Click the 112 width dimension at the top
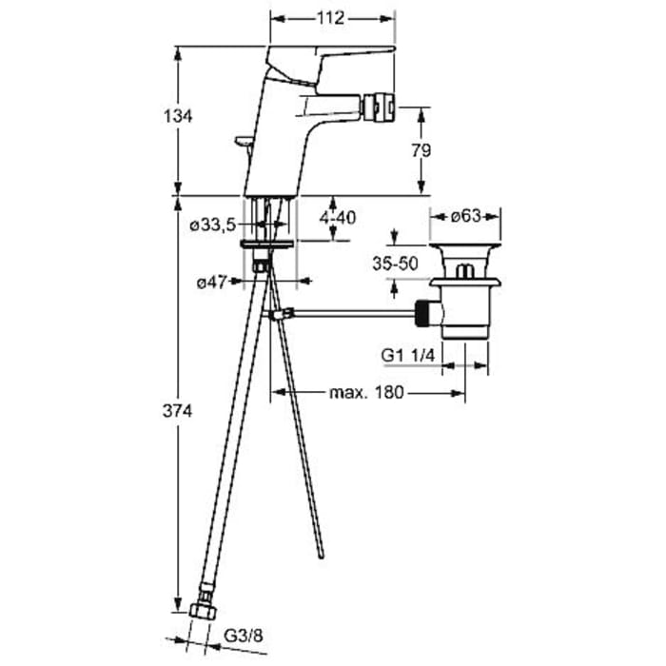(x=330, y=18)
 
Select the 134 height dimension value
(x=178, y=115)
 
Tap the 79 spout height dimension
(x=421, y=150)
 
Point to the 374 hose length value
(x=178, y=411)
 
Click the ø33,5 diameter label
(x=212, y=225)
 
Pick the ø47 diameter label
(x=211, y=282)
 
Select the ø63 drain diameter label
(x=465, y=216)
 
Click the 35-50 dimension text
(x=395, y=264)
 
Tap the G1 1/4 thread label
(x=408, y=355)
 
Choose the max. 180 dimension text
(x=366, y=392)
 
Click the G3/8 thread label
(x=244, y=636)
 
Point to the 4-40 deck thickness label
(x=338, y=218)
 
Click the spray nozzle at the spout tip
(x=378, y=107)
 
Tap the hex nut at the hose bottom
(x=203, y=611)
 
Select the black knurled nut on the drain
(x=422, y=313)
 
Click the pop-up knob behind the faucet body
(x=244, y=143)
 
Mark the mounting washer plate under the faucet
(x=266, y=244)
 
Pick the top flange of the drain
(x=464, y=245)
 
